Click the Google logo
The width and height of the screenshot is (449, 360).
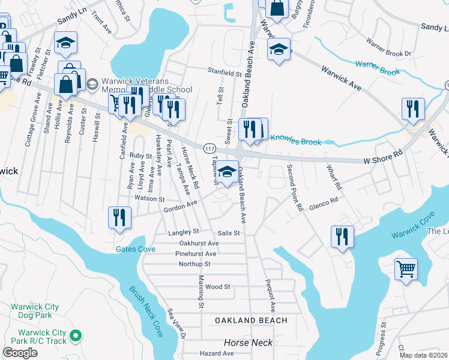pyautogui.click(x=20, y=353)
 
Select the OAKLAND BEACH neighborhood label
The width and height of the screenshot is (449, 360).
pyautogui.click(x=251, y=320)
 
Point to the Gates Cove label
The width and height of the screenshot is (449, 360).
pyautogui.click(x=136, y=249)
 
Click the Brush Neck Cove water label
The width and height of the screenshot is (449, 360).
pyautogui.click(x=146, y=311)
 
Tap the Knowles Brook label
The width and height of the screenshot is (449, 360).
pyautogui.click(x=296, y=142)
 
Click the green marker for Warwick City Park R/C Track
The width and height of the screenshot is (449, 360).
pyautogui.click(x=76, y=335)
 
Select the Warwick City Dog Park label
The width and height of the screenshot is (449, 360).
pyautogui.click(x=35, y=311)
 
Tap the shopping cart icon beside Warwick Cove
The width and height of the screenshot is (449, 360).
pyautogui.click(x=406, y=269)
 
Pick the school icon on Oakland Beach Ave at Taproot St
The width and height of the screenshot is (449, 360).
pyautogui.click(x=227, y=171)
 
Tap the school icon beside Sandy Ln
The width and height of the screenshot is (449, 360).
pyautogui.click(x=65, y=42)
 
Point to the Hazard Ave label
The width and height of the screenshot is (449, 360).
pyautogui.click(x=217, y=354)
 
